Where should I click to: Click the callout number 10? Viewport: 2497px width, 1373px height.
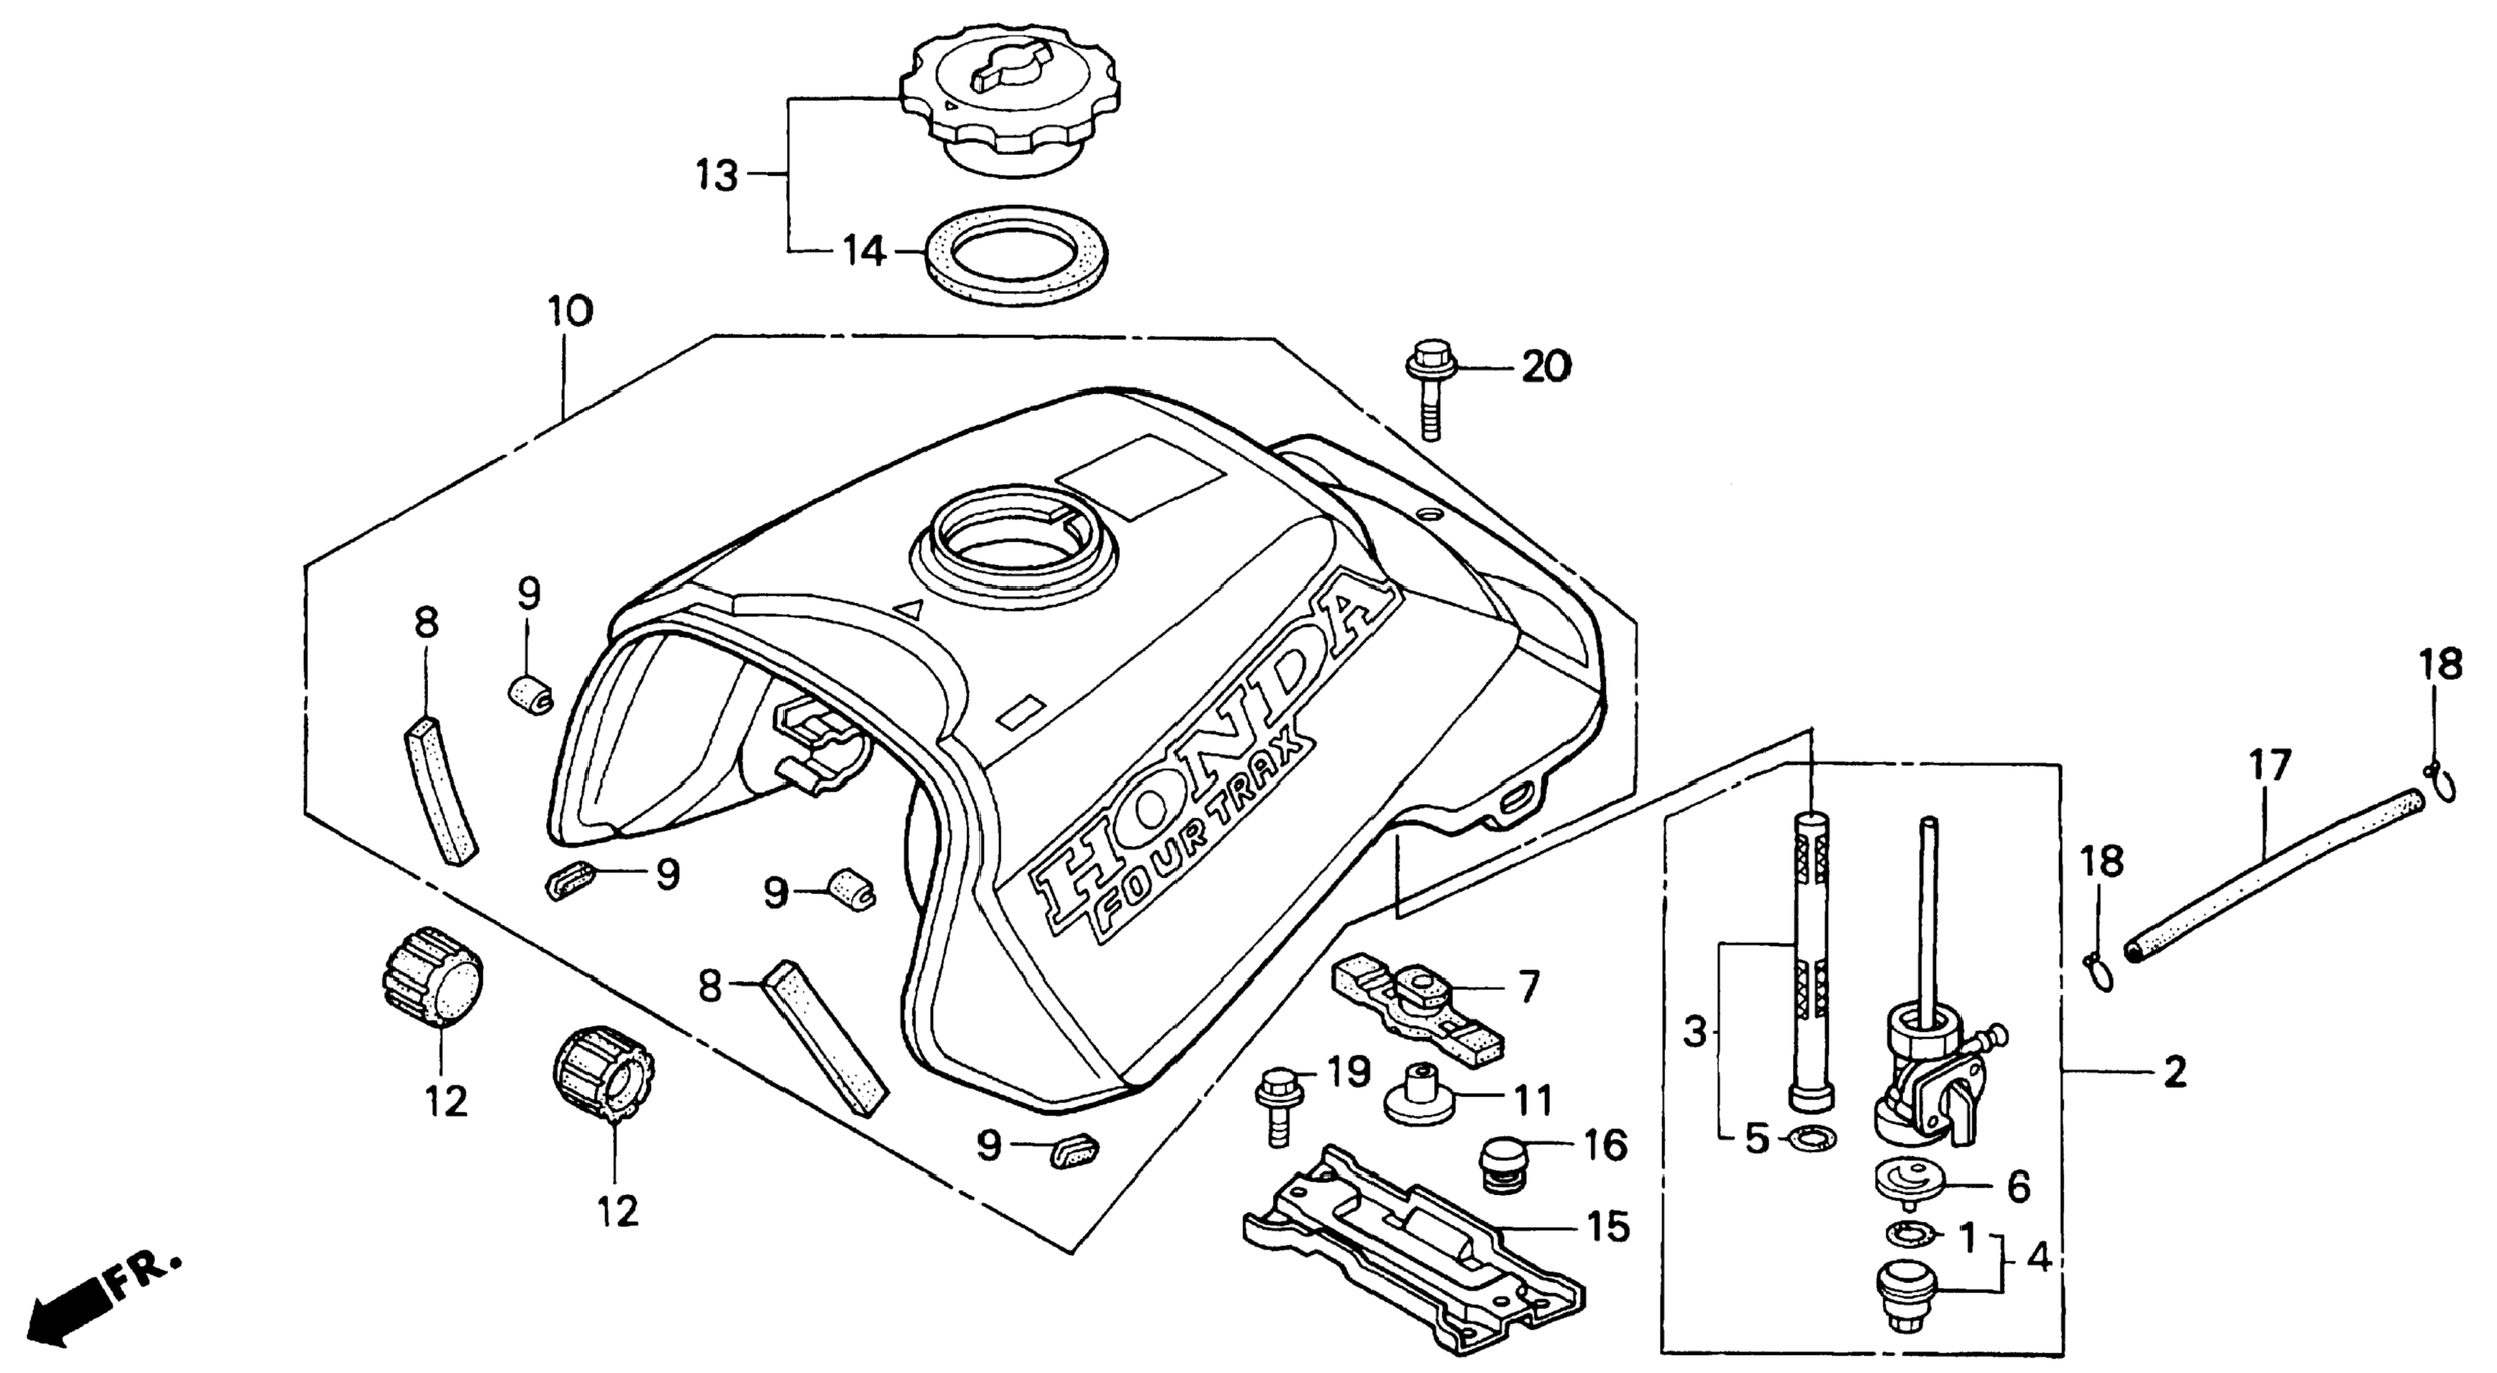point(570,312)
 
